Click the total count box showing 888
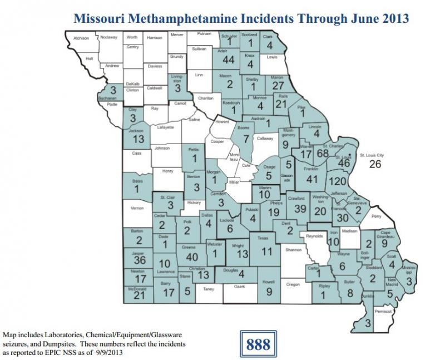(x=258, y=343)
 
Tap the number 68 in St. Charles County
(x=322, y=153)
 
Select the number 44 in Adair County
(x=228, y=60)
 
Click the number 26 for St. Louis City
(x=376, y=164)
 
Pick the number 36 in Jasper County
(x=140, y=260)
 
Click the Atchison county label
(x=82, y=38)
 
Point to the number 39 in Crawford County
(x=300, y=208)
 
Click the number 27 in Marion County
(x=278, y=85)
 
